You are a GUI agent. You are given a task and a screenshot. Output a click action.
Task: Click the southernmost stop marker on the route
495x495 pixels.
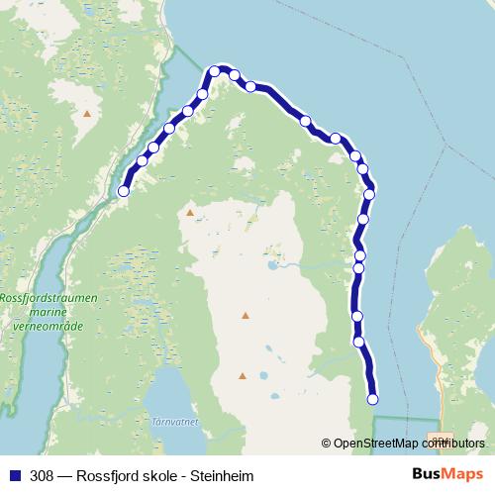tap(373, 400)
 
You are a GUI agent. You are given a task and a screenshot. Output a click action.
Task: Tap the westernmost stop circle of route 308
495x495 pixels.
tap(124, 191)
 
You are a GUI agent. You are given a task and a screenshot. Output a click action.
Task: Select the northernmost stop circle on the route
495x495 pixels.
tap(215, 71)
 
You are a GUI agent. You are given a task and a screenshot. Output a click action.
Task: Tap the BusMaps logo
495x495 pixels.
tap(447, 475)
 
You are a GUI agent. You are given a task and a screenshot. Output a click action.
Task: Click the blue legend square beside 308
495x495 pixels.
tap(15, 476)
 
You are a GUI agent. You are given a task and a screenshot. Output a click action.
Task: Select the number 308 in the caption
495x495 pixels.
tap(43, 476)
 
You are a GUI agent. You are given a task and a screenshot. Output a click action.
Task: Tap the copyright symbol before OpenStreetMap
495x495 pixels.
tap(327, 444)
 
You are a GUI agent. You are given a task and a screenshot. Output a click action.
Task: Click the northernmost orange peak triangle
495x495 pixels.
tap(87, 114)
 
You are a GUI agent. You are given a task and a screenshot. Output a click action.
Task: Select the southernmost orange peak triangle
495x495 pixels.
tap(242, 376)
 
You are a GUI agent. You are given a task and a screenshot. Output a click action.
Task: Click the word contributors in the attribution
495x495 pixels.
tap(457, 444)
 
